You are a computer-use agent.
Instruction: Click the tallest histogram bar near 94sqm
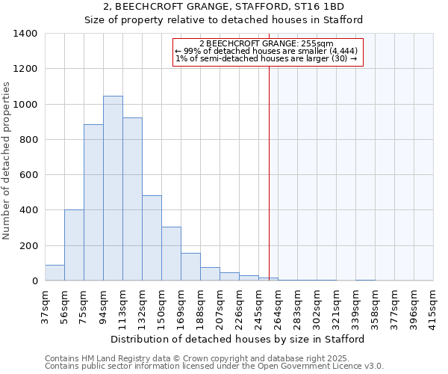(113, 188)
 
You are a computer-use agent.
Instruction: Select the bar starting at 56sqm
(74, 245)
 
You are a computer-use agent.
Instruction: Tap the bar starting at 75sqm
(93, 203)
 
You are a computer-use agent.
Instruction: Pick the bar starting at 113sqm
(132, 199)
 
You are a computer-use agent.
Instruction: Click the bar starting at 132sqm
(152, 238)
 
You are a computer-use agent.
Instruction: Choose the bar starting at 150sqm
(171, 254)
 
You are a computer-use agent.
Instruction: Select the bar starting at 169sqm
(190, 267)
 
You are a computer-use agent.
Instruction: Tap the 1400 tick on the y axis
(25, 34)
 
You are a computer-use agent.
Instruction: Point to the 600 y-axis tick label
(28, 175)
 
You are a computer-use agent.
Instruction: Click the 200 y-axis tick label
(28, 246)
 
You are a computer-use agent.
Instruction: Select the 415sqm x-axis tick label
(433, 304)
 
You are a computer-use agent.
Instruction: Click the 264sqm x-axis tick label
(278, 304)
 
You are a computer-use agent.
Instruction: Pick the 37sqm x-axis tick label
(46, 304)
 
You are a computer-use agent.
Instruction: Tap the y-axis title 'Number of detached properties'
(7, 161)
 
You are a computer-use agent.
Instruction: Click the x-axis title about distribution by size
(238, 339)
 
